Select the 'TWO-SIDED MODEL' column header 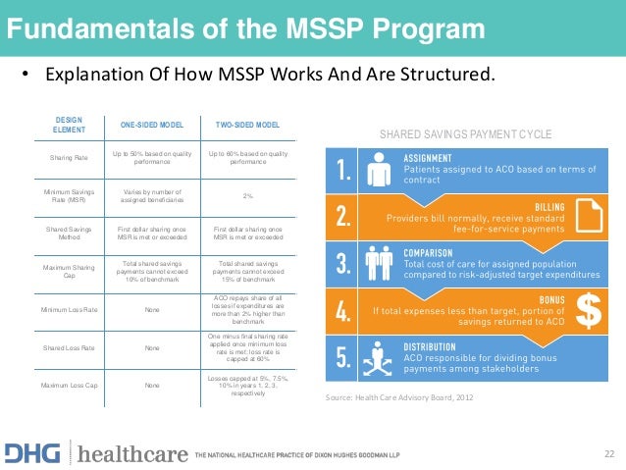[247, 126]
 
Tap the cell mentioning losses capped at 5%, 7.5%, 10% [247, 386]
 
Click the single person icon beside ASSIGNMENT [379, 173]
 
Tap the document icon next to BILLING [590, 217]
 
